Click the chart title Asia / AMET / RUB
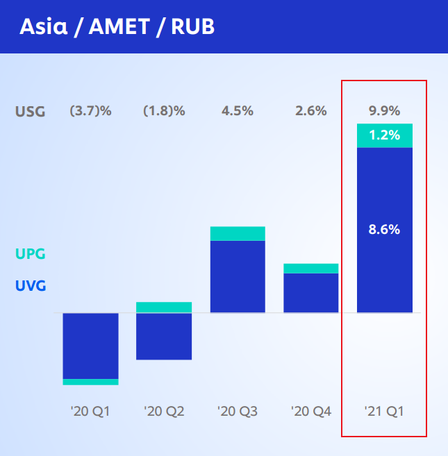117,27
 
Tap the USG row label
31,112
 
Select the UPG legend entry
31,254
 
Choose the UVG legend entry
31,285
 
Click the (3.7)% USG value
90,111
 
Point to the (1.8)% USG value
164,111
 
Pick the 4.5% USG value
238,111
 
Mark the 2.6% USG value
311,111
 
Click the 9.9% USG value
385,111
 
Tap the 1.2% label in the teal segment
385,135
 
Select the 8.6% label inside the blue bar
384,230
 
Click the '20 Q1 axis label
90,412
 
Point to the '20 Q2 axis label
164,412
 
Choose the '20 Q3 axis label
238,412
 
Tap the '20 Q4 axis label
311,412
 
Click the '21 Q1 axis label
384,412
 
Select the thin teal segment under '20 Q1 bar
90,382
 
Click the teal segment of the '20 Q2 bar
164,307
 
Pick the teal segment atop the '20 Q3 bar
238,233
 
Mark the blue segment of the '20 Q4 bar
311,293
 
